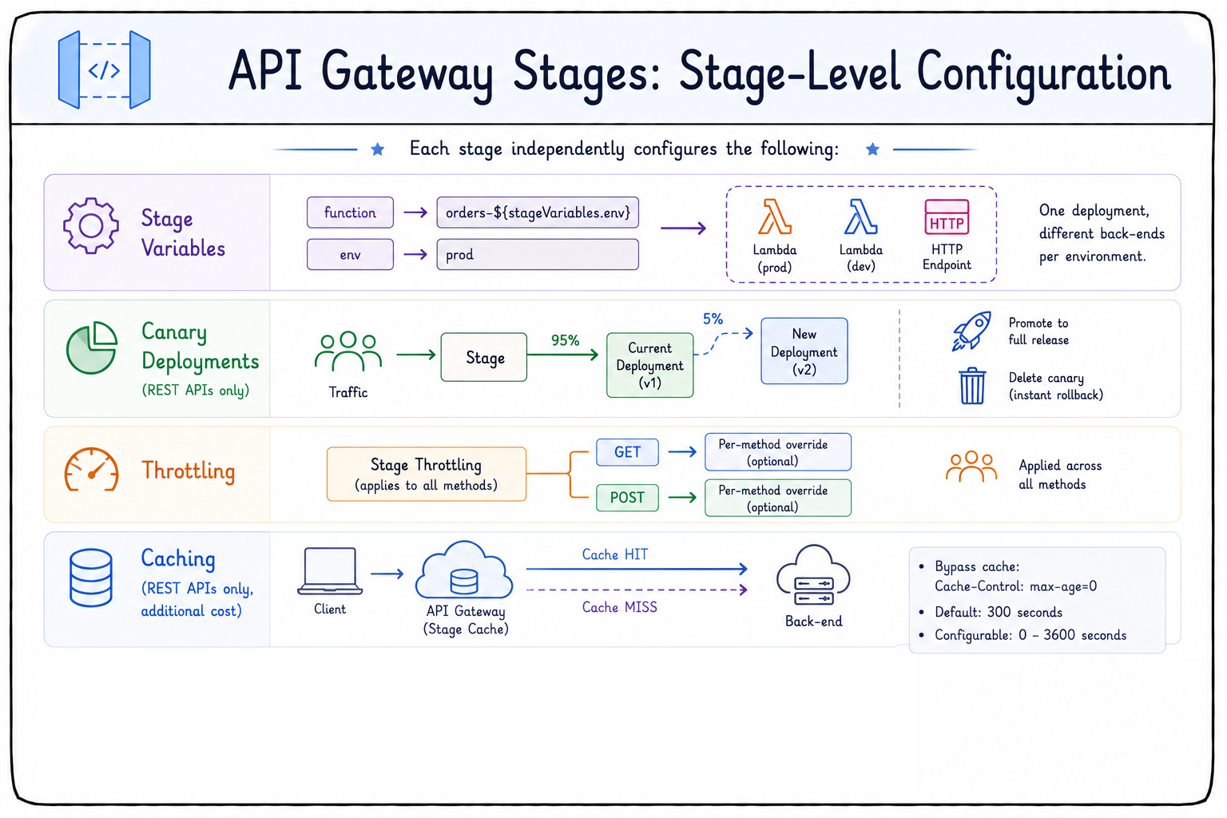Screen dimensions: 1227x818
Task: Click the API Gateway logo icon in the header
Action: [104, 69]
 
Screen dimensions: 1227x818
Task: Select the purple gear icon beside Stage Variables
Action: [91, 225]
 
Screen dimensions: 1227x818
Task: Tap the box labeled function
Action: [350, 212]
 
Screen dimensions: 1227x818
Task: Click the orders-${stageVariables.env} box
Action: [538, 212]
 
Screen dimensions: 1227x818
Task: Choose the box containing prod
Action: [538, 254]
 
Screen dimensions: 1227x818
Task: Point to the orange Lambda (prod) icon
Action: [775, 216]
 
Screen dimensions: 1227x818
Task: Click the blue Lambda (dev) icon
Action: [860, 216]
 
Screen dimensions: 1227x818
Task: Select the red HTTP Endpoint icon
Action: [947, 216]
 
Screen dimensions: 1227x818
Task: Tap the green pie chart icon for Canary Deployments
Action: [92, 347]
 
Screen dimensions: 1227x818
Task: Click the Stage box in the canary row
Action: [483, 357]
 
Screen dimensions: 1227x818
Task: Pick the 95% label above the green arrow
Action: [565, 341]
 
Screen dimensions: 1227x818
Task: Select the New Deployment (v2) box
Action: [804, 351]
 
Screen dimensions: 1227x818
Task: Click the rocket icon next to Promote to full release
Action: [971, 331]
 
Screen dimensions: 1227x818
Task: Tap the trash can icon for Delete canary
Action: [971, 386]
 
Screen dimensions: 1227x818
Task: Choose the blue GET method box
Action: [627, 452]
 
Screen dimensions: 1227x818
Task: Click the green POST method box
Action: [627, 498]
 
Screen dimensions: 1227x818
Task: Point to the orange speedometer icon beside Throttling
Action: [92, 470]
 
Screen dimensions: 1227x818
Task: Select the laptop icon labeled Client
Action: [330, 571]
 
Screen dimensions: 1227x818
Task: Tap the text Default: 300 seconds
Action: [998, 612]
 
